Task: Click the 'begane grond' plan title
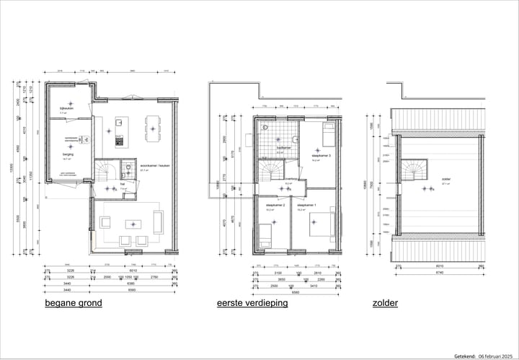coord(73,303)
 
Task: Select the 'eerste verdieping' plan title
coord(252,303)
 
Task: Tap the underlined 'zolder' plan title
coord(385,303)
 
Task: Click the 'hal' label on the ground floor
coord(123,183)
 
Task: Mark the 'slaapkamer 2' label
coord(275,206)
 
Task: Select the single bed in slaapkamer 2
coord(265,236)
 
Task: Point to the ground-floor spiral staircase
coord(106,172)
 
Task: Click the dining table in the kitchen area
coord(153,128)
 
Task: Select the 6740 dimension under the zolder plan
coord(438,273)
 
